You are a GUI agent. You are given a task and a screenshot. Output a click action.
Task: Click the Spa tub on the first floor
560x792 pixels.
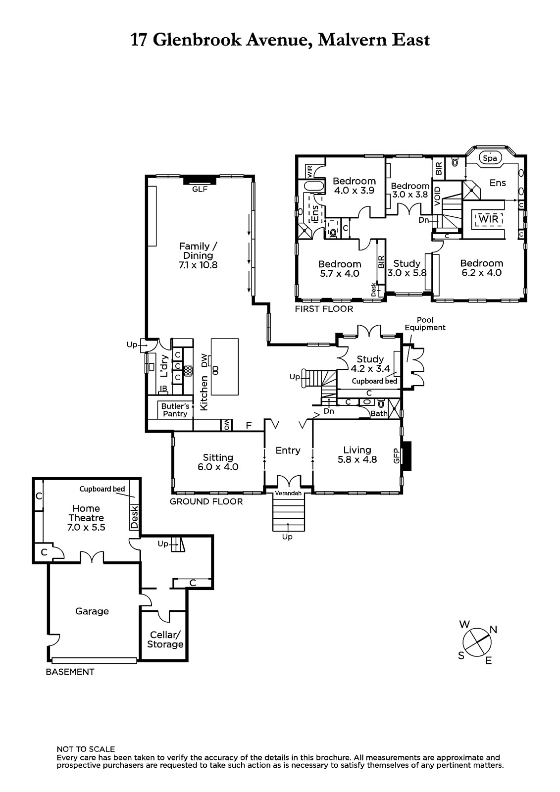click(490, 158)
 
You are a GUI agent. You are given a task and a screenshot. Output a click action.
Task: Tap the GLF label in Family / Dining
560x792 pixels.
click(200, 189)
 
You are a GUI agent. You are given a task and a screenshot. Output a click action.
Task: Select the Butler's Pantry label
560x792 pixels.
click(175, 410)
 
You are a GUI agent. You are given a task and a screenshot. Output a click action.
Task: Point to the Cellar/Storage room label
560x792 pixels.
click(165, 640)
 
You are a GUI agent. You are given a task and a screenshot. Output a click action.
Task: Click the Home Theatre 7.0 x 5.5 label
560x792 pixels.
click(86, 518)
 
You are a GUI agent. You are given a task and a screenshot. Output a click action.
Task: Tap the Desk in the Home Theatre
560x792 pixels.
click(134, 517)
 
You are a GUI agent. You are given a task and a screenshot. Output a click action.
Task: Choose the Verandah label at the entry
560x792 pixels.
click(288, 493)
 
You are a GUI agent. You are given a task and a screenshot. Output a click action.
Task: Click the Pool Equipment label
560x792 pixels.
click(425, 324)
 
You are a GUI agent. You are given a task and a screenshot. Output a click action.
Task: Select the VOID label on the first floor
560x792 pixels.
click(437, 196)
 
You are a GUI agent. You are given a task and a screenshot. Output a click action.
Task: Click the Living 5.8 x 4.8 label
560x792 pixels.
click(357, 455)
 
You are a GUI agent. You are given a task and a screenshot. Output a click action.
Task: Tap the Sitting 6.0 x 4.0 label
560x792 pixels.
click(218, 462)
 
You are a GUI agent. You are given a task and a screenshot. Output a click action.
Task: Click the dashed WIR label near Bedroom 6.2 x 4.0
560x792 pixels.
click(489, 219)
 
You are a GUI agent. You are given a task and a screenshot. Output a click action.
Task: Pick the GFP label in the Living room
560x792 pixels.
click(396, 456)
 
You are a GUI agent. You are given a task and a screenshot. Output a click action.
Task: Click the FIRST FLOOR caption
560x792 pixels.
click(324, 309)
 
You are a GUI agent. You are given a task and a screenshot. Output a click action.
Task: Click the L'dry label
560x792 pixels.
click(164, 366)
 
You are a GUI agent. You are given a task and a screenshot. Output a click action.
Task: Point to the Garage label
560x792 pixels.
click(92, 611)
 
